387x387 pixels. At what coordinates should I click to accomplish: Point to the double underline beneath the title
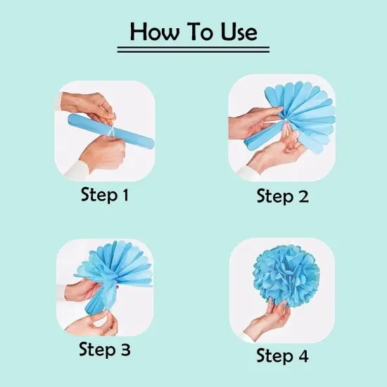193,49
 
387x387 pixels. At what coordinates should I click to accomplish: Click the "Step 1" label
105,195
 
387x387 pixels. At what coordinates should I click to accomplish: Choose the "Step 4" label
282,356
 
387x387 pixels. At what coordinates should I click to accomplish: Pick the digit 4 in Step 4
303,356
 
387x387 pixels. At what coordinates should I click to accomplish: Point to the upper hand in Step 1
91,106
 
